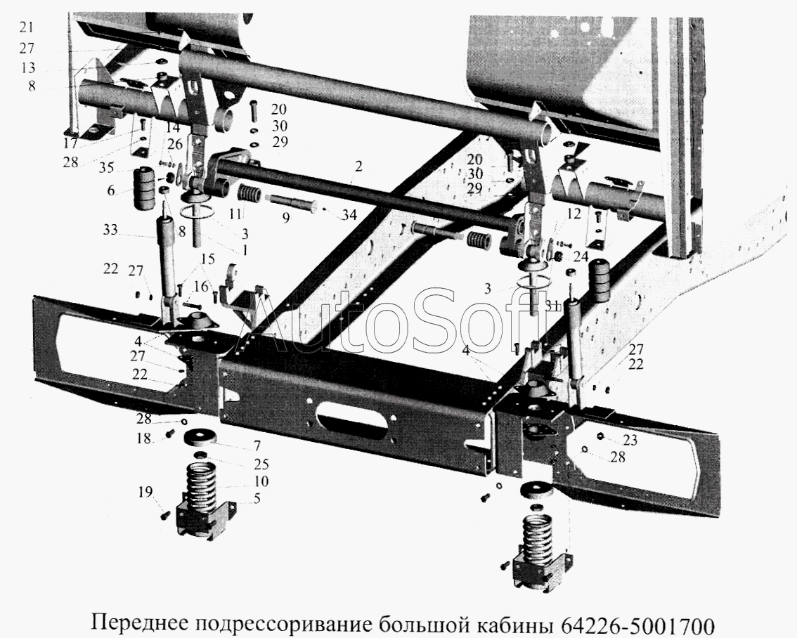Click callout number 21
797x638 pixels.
tap(27, 27)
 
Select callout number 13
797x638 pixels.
tap(28, 67)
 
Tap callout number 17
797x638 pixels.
tap(71, 144)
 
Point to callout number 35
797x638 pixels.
tap(106, 167)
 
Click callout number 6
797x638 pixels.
tap(111, 191)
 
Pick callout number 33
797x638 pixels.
tap(110, 230)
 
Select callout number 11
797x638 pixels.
tap(235, 214)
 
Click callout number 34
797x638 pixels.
tap(349, 215)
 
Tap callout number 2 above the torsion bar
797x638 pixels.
tap(358, 166)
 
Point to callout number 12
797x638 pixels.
tap(574, 214)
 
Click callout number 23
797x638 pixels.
tap(630, 439)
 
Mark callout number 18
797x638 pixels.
tap(144, 438)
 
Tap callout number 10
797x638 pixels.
tap(261, 481)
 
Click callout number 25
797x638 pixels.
tap(261, 464)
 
